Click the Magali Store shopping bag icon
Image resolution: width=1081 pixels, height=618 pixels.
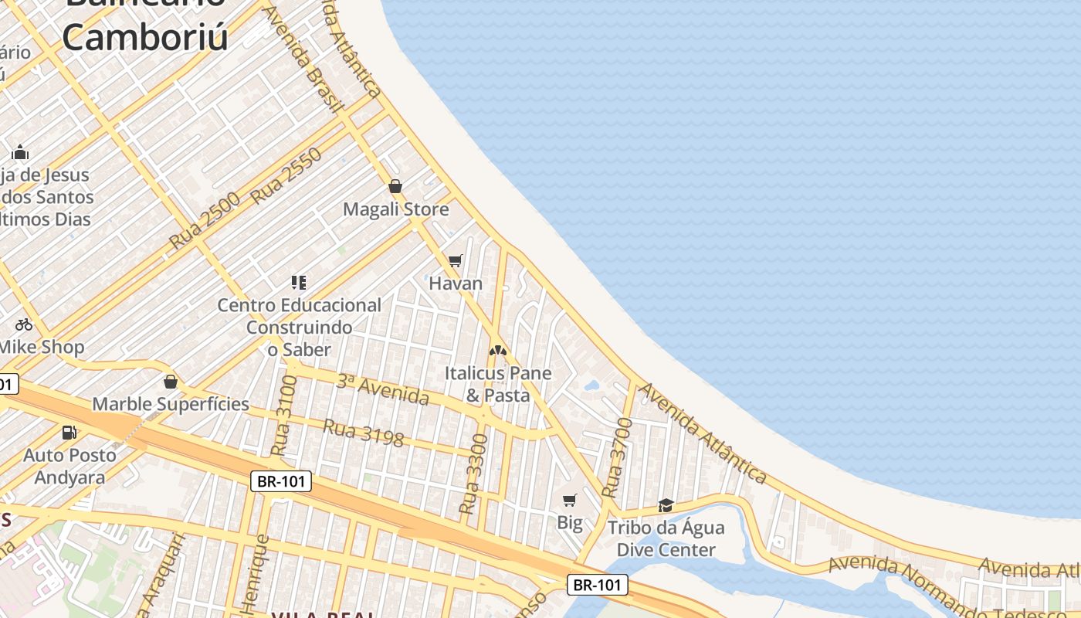[395, 186]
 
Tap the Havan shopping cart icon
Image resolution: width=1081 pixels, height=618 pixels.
[456, 260]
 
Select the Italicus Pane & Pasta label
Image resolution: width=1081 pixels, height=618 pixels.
[498, 384]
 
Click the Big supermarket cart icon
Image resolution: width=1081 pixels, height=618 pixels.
[570, 500]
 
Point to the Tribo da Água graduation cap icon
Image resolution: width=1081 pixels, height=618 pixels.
[666, 505]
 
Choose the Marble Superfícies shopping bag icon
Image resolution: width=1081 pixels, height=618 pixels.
[171, 382]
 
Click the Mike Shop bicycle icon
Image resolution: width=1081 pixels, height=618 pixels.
[24, 324]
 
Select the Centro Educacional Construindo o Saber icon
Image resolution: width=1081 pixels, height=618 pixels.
[299, 282]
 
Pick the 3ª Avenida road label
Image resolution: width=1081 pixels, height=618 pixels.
[383, 389]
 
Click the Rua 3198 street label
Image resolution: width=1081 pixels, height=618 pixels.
[364, 433]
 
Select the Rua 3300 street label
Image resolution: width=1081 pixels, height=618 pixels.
[473, 474]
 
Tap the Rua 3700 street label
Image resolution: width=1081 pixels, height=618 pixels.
[617, 457]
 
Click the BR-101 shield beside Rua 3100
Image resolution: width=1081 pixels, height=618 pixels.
[282, 481]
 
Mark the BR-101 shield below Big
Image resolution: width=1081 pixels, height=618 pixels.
[598, 585]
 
